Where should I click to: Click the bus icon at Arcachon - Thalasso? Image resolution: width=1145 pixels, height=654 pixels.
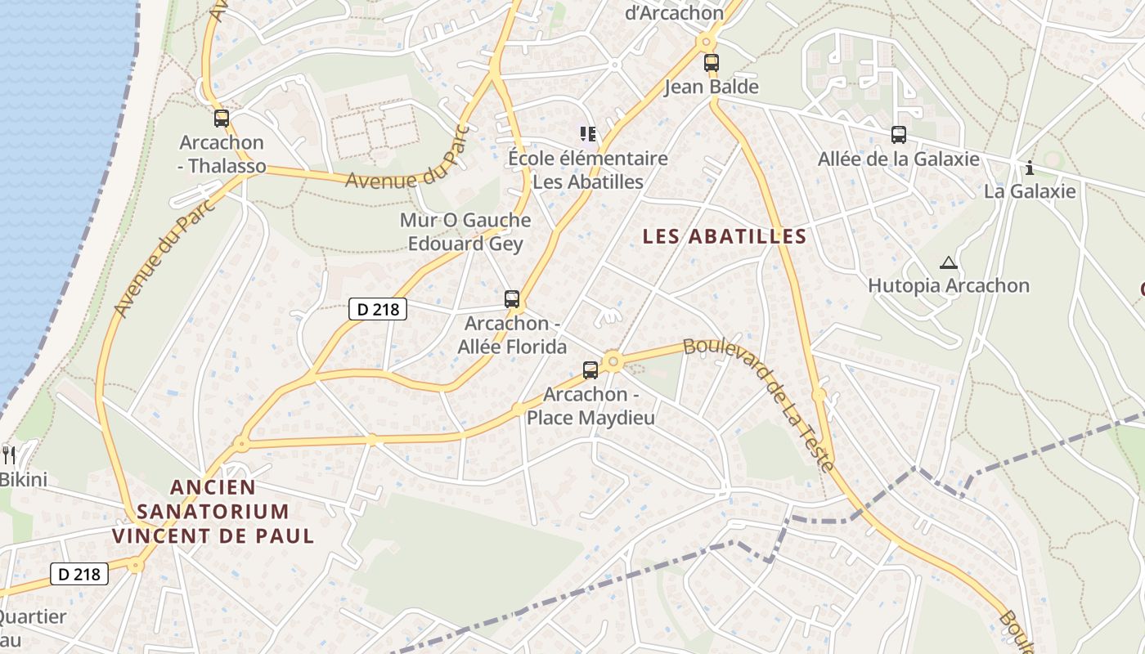coord(222,119)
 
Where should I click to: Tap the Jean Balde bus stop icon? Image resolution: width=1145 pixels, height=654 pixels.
coord(712,62)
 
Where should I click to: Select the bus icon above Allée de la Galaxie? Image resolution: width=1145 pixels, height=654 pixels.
coord(899,135)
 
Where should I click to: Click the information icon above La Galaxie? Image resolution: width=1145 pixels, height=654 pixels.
coord(1030,168)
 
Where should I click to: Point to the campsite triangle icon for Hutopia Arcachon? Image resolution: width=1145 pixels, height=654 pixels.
coord(949,263)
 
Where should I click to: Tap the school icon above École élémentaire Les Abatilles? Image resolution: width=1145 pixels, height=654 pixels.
coord(587,134)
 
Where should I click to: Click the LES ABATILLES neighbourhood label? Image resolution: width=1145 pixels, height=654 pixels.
coord(725,237)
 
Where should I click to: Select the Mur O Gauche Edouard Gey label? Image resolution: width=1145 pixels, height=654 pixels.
coord(465,232)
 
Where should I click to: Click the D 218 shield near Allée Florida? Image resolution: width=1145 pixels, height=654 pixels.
coord(378,309)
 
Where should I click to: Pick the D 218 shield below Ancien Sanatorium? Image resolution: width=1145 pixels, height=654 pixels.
coord(79,574)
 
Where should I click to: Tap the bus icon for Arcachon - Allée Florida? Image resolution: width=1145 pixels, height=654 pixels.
coord(512,299)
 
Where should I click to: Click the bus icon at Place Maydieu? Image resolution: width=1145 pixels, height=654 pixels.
coord(590,370)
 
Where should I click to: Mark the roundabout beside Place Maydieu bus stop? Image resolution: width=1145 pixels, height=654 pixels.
coord(613,361)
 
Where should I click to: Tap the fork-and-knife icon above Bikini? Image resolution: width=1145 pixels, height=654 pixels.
coord(9,455)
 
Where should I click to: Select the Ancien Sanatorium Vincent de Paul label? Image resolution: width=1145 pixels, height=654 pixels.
coord(213,512)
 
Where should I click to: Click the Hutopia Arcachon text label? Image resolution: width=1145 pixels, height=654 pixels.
coord(948,286)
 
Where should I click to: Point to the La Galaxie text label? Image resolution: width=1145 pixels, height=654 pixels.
coord(1030,191)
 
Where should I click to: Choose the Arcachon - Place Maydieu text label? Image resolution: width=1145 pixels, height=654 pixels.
coord(590,406)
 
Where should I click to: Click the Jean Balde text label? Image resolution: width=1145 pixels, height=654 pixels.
coord(712,87)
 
